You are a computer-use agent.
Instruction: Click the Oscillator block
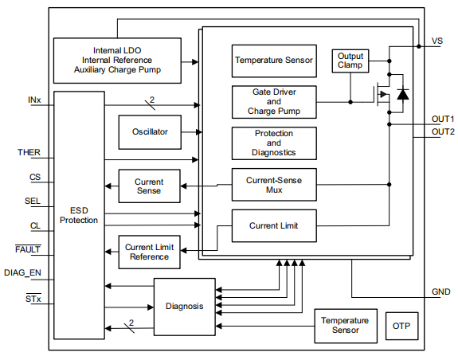click(x=150, y=131)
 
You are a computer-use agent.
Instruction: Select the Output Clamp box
click(x=350, y=61)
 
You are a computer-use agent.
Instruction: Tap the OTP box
click(x=401, y=327)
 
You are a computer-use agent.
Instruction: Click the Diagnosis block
click(x=184, y=307)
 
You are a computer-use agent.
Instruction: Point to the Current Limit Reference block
click(x=149, y=252)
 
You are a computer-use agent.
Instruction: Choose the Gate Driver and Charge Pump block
click(x=274, y=102)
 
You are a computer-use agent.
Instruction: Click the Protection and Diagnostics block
click(x=274, y=143)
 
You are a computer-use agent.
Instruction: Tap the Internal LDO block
click(x=116, y=60)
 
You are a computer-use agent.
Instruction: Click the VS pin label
click(x=437, y=39)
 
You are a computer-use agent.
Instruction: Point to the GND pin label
click(x=440, y=292)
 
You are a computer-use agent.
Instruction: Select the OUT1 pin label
click(x=443, y=118)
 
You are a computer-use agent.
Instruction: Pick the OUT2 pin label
click(x=443, y=131)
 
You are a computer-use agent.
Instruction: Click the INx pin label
click(x=34, y=100)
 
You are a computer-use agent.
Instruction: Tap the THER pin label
click(x=29, y=151)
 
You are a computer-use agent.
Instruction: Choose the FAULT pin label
click(x=29, y=249)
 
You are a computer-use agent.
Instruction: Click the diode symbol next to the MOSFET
click(x=402, y=96)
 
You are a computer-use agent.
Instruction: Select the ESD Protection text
click(x=79, y=214)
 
